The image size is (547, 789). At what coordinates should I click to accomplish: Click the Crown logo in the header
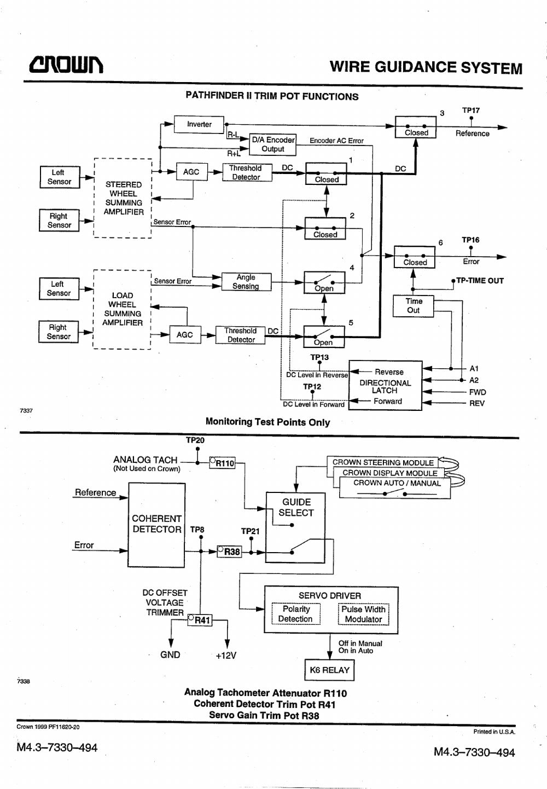click(x=66, y=65)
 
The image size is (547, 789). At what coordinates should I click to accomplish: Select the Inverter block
click(x=199, y=124)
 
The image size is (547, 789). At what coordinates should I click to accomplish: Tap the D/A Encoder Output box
click(x=272, y=144)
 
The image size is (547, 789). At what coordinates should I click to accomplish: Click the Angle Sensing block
click(x=246, y=282)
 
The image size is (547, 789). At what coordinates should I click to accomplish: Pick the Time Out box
click(x=413, y=306)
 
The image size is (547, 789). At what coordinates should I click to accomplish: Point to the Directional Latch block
click(x=385, y=386)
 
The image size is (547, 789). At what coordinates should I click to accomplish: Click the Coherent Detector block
click(x=156, y=525)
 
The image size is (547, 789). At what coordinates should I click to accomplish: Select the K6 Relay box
click(x=329, y=670)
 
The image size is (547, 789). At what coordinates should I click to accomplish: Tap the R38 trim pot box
click(x=229, y=551)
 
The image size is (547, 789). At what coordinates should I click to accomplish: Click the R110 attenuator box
click(x=222, y=462)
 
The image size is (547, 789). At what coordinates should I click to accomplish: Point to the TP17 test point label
click(x=471, y=111)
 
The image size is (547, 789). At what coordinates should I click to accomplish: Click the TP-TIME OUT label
click(x=480, y=281)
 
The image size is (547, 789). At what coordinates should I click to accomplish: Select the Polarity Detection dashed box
click(x=296, y=614)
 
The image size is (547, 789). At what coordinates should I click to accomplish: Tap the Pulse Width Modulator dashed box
click(x=364, y=614)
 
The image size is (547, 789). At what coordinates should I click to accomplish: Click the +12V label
click(x=226, y=655)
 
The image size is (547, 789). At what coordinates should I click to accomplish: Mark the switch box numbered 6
click(x=415, y=258)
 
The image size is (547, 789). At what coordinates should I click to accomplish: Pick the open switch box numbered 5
click(x=324, y=337)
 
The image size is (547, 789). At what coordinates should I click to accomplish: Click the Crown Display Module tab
click(x=390, y=473)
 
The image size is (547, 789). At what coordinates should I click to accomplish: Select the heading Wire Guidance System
click(x=426, y=67)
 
